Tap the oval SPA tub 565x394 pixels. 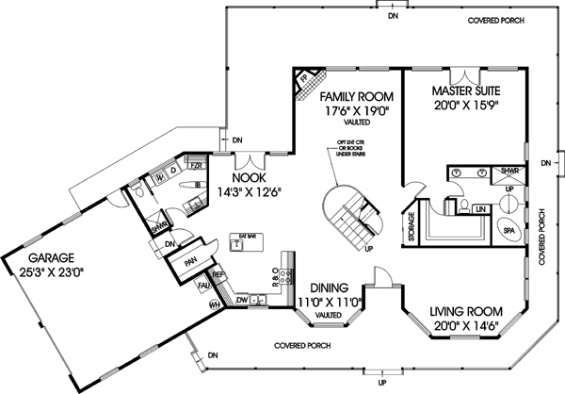click(x=508, y=230)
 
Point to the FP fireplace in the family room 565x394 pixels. click(x=304, y=82)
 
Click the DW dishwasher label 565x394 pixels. click(x=243, y=301)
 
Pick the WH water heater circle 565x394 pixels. click(x=213, y=304)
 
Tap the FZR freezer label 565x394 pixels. click(x=197, y=165)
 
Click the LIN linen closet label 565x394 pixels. click(x=480, y=208)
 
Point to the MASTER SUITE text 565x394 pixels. click(x=466, y=90)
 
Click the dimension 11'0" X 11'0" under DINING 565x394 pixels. click(x=328, y=303)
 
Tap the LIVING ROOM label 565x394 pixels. click(x=466, y=310)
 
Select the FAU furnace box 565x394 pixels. click(x=202, y=283)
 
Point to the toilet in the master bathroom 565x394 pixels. click(x=465, y=203)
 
